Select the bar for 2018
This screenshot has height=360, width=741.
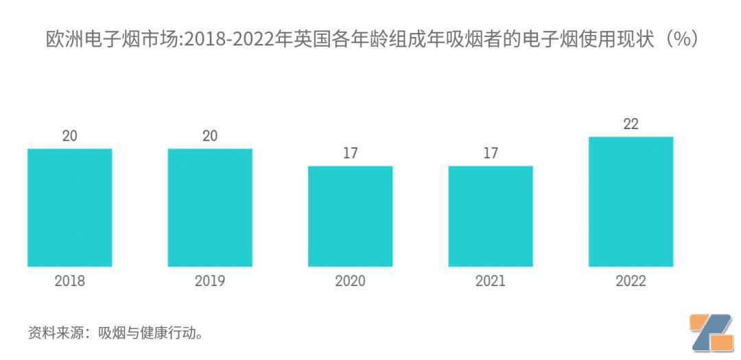(70, 207)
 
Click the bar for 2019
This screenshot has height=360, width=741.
(211, 207)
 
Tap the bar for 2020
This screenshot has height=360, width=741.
(350, 216)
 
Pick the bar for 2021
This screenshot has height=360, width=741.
(491, 216)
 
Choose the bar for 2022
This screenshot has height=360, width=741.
(631, 202)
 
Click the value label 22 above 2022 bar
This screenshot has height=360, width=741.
(631, 124)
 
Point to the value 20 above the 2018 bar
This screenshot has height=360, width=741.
(70, 136)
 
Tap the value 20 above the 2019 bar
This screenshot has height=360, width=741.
(211, 136)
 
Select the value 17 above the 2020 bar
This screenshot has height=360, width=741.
(350, 153)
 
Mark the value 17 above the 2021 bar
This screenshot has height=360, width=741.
(491, 153)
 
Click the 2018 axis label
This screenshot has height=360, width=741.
(70, 281)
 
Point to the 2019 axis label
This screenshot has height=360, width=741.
(211, 281)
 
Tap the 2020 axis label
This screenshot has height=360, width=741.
(350, 281)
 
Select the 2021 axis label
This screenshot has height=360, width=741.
(491, 281)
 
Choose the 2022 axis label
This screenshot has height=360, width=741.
(631, 281)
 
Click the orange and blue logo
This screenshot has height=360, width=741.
(711, 333)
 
